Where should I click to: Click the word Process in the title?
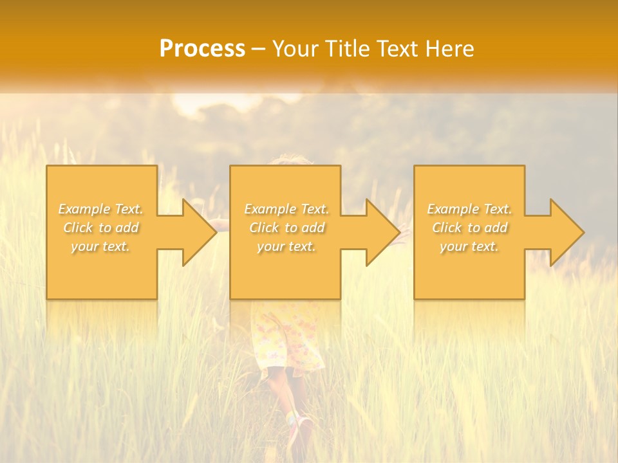(202, 49)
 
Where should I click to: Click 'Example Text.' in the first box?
(101, 209)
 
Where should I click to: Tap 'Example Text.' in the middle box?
(286, 209)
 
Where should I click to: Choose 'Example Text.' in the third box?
(469, 209)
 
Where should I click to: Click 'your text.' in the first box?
(100, 246)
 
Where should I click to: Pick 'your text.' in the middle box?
(286, 246)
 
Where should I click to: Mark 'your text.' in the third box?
(469, 246)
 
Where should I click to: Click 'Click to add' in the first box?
(101, 228)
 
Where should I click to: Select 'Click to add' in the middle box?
(286, 228)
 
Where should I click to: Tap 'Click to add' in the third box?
(469, 228)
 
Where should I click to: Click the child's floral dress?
(287, 338)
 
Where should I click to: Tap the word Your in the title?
(295, 49)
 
